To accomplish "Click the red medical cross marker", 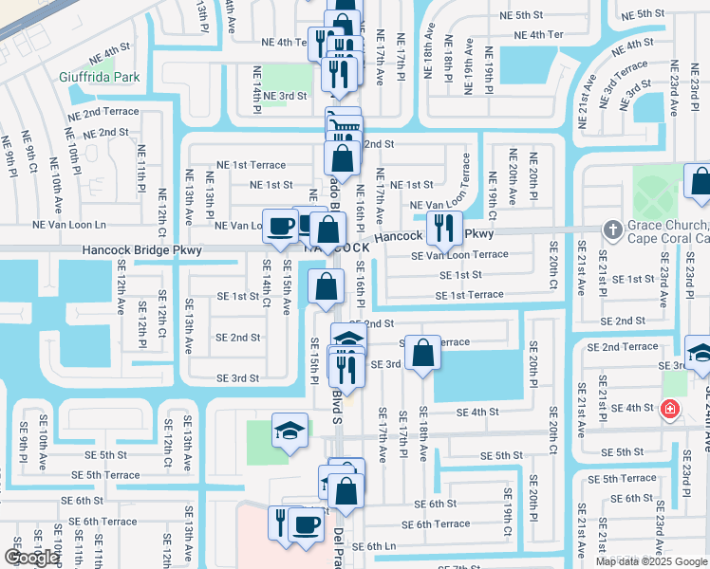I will (670, 409).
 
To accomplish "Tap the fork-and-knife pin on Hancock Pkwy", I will (443, 227).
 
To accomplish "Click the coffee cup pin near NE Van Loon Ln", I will (280, 226).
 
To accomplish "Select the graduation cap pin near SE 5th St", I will (290, 430).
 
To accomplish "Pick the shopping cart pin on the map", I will (344, 123).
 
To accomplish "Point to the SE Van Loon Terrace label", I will (459, 254).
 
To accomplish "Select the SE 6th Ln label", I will (367, 546).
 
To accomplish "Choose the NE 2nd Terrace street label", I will (103, 112).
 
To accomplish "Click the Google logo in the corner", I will (31, 557).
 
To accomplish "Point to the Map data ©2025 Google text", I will (651, 561).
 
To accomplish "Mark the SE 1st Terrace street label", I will (469, 295).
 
